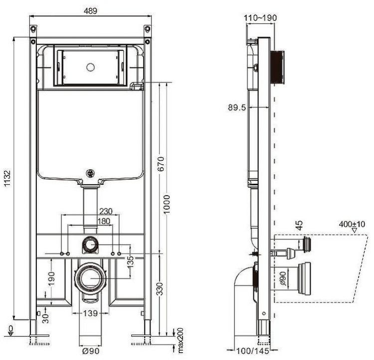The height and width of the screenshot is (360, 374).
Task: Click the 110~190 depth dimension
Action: click(260, 17)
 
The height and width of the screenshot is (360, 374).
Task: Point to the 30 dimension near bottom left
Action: click(45, 318)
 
